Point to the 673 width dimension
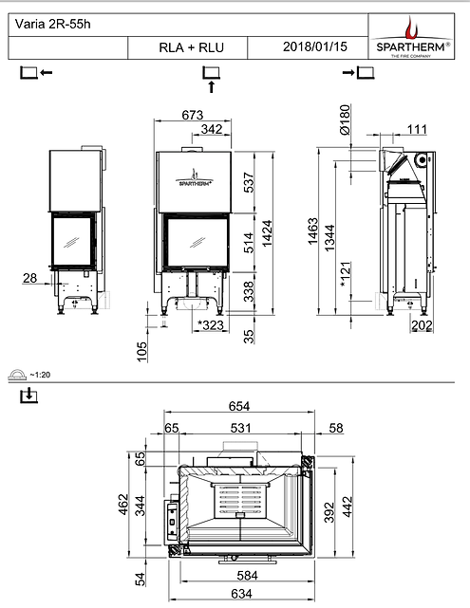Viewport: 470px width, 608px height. point(193,115)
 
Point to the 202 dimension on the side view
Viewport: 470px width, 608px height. point(423,326)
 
